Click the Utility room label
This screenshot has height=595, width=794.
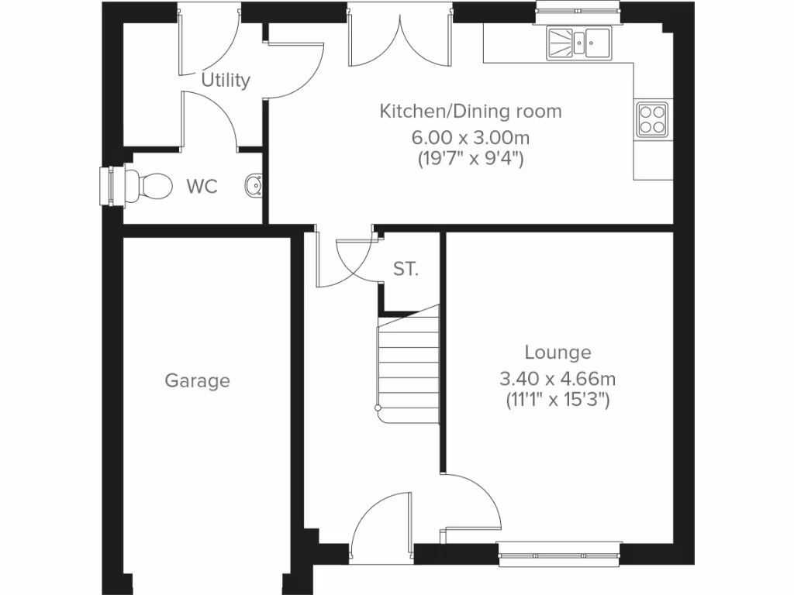226,80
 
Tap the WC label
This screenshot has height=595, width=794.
202,187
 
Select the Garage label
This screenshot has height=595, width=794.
197,380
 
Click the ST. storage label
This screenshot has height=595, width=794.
406,270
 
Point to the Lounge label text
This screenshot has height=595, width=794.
558,353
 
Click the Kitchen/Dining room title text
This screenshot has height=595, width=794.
470,111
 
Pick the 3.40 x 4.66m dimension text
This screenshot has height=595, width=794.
558,379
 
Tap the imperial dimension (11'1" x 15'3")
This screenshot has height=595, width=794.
558,401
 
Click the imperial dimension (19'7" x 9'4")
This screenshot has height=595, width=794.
470,160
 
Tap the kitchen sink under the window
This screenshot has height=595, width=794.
578,43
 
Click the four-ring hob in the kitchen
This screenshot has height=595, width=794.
651,119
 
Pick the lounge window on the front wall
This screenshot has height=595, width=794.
558,550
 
